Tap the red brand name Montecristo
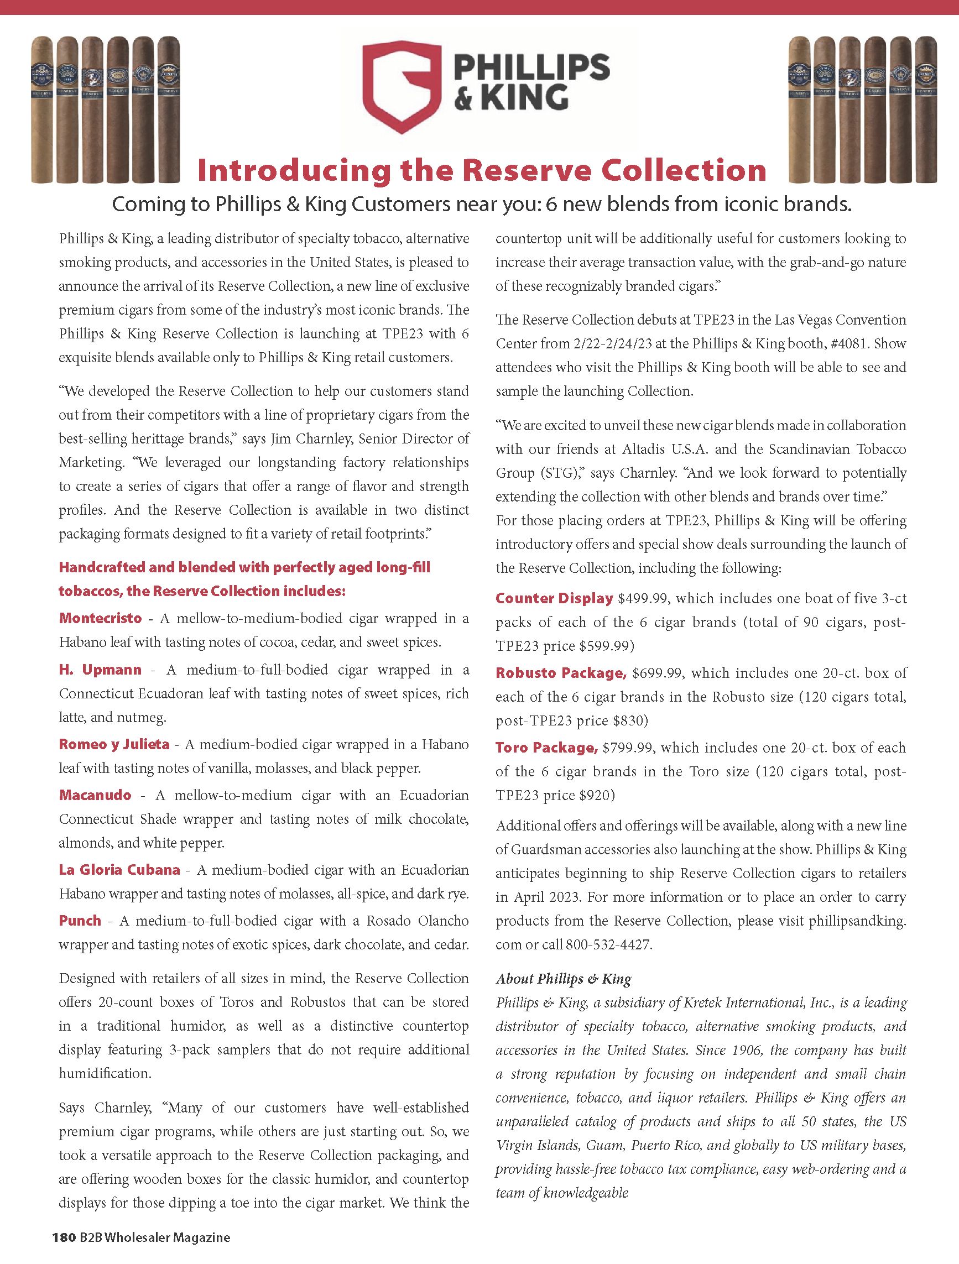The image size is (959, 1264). click(x=100, y=618)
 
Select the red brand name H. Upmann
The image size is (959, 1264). click(x=100, y=669)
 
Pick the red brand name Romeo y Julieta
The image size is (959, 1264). click(x=114, y=744)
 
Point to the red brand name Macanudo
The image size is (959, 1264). click(x=95, y=795)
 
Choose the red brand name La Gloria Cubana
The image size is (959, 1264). click(x=119, y=870)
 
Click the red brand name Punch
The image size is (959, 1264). click(x=80, y=921)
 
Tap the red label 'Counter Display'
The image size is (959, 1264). click(x=554, y=598)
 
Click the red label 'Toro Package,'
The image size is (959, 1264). click(x=546, y=748)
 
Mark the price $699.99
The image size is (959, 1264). click(x=656, y=673)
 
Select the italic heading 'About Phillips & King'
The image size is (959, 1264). click(x=563, y=979)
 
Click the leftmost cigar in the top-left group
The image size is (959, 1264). click(x=41, y=108)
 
